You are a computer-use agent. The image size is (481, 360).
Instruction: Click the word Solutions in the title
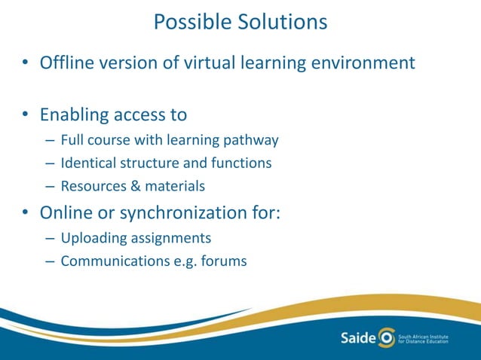282,22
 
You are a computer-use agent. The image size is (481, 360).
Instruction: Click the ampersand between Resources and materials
129,185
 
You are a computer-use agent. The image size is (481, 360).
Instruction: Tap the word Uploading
91,238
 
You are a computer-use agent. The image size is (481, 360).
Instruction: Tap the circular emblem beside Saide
386,336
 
